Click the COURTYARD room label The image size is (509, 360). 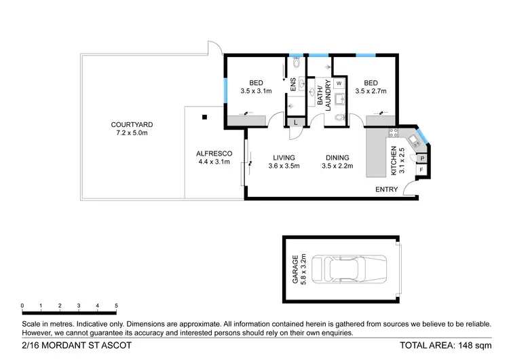click(132, 125)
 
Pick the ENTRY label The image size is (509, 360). click(386, 190)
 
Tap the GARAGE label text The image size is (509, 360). click(295, 270)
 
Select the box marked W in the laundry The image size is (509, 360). click(339, 84)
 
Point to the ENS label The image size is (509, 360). click(293, 86)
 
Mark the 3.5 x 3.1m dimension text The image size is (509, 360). click(256, 91)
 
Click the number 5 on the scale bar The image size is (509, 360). click(117, 306)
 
